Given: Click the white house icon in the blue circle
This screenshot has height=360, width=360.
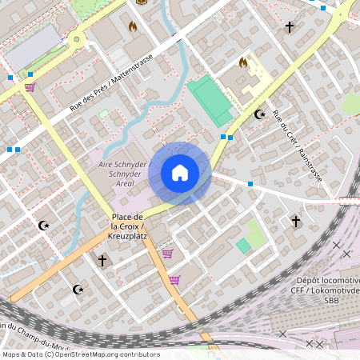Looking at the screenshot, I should coord(180,173).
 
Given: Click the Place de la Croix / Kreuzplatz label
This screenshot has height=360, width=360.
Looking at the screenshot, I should coord(128,222).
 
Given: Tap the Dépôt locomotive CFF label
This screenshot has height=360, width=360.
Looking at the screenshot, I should coord(328,286).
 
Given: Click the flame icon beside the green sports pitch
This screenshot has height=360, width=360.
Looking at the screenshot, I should coord(243,62).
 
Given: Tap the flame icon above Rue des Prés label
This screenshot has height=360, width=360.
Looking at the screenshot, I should coord(132,26).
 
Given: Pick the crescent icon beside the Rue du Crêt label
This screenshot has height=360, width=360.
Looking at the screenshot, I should coord(259,115).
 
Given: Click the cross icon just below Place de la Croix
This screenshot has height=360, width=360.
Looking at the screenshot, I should coord(102,260).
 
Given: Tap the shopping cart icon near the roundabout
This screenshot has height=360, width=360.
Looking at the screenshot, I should coord(30,86).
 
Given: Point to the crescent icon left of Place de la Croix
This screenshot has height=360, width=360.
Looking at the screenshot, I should coord(45,226).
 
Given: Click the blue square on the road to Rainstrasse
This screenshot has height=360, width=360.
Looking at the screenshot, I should coord(250,185).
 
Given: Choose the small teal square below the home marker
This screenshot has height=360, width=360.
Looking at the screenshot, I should coord(243,246).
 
